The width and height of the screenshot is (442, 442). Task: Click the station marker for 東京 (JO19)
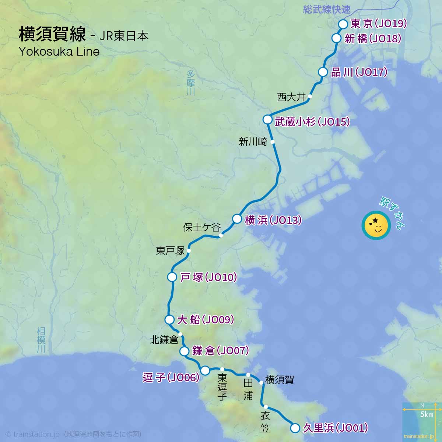343,24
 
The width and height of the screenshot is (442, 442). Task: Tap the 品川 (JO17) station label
359,72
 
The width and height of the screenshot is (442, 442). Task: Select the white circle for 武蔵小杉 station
267,119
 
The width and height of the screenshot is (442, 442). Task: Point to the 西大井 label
291,97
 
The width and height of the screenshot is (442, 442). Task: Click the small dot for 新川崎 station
273,141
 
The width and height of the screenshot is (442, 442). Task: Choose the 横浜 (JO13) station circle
237,219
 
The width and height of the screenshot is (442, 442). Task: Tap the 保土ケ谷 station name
201,227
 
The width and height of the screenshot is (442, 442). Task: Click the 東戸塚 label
170,251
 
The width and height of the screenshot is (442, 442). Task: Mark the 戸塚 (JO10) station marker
172,277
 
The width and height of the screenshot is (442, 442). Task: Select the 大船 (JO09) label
206,320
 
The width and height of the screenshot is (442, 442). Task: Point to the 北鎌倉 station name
164,340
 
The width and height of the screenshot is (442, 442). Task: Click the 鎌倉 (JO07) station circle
184,351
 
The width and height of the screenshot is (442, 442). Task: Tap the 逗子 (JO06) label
171,378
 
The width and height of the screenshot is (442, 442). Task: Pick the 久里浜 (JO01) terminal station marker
295,428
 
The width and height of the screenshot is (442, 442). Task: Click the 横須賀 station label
280,380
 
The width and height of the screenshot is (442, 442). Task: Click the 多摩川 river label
190,83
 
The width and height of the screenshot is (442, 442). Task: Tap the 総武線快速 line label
327,10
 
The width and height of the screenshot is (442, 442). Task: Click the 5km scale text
427,415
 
